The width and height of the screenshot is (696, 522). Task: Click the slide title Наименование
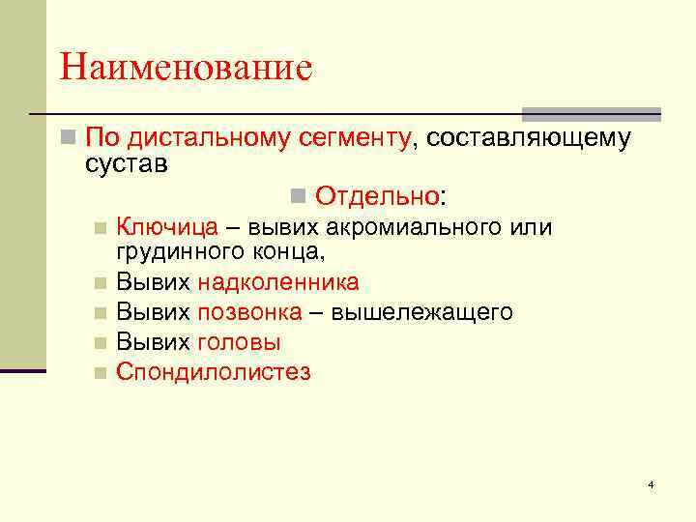tap(186, 68)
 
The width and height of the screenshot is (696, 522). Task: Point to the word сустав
tap(127, 163)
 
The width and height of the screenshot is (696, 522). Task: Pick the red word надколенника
tap(278, 282)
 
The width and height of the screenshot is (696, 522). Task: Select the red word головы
tap(239, 342)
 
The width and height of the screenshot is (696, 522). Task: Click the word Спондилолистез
tap(214, 372)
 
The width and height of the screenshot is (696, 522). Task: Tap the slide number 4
tap(651, 483)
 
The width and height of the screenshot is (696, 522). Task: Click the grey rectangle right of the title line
tap(591, 113)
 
